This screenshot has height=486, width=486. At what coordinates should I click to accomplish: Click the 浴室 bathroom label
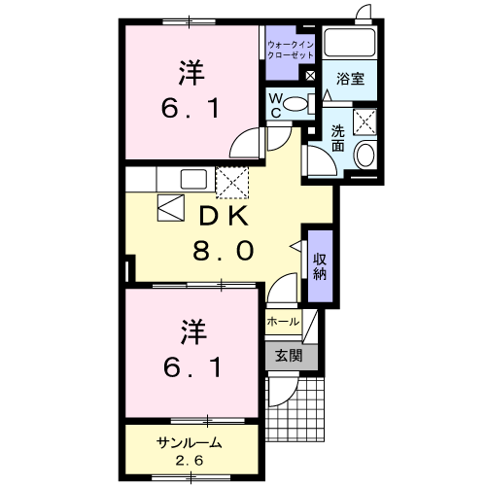click(x=351, y=79)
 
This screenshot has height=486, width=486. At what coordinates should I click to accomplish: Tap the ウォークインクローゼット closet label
click(x=289, y=50)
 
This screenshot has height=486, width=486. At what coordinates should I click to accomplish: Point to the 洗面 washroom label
click(x=337, y=139)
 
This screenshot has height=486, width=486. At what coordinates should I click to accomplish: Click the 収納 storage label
click(x=320, y=263)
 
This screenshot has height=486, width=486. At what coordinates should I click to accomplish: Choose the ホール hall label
click(x=281, y=321)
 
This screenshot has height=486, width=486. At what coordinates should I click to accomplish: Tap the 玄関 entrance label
click(x=288, y=356)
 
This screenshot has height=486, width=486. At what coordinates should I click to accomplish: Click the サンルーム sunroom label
click(x=190, y=443)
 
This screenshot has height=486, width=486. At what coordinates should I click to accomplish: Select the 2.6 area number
click(x=190, y=460)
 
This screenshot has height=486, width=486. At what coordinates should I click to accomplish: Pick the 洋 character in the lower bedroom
click(x=191, y=332)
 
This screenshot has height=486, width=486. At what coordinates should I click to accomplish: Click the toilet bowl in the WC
click(x=298, y=100)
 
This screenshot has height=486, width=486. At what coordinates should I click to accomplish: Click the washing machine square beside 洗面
click(x=365, y=121)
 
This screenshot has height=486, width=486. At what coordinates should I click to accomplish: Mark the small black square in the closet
click(x=310, y=76)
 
